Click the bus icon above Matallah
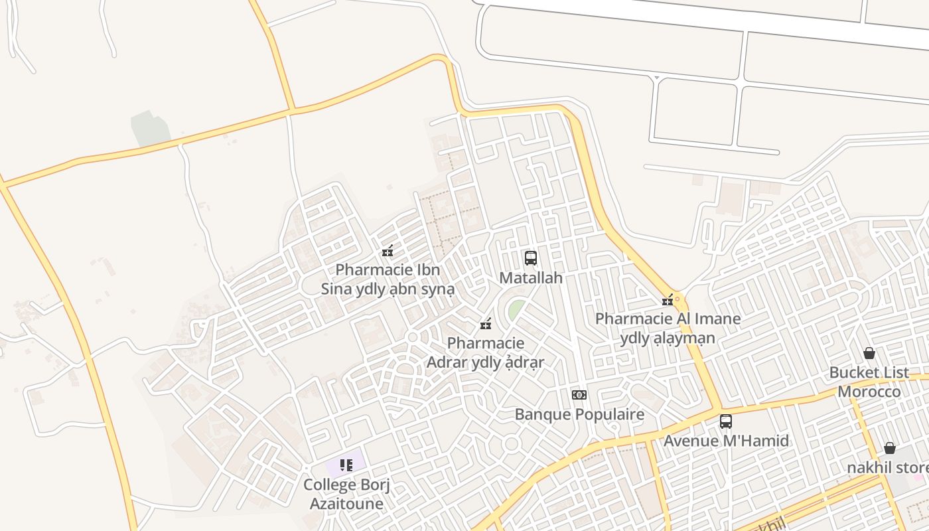point(530,258)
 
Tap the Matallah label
point(530,278)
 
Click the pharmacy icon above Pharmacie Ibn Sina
point(388,251)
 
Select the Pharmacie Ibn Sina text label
point(388,279)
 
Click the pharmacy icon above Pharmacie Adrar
point(486,324)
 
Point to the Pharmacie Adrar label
point(485,352)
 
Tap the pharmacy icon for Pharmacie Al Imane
point(668,300)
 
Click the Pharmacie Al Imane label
point(668,328)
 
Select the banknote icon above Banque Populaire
point(579,395)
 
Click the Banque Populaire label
point(579,415)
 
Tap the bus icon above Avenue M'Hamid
point(725,421)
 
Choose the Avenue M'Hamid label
point(726,441)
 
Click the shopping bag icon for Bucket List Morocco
point(869,353)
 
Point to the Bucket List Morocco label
point(869,382)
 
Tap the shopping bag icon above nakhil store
point(889,448)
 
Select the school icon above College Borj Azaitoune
point(346,465)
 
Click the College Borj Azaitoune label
point(346,494)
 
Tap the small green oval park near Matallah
point(516,309)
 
